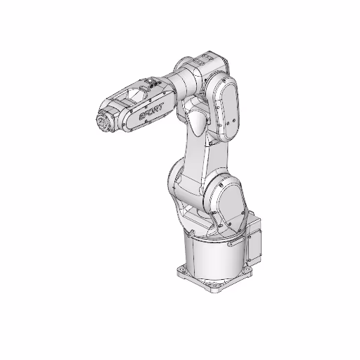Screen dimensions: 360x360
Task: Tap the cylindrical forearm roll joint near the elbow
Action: click(176, 84)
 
